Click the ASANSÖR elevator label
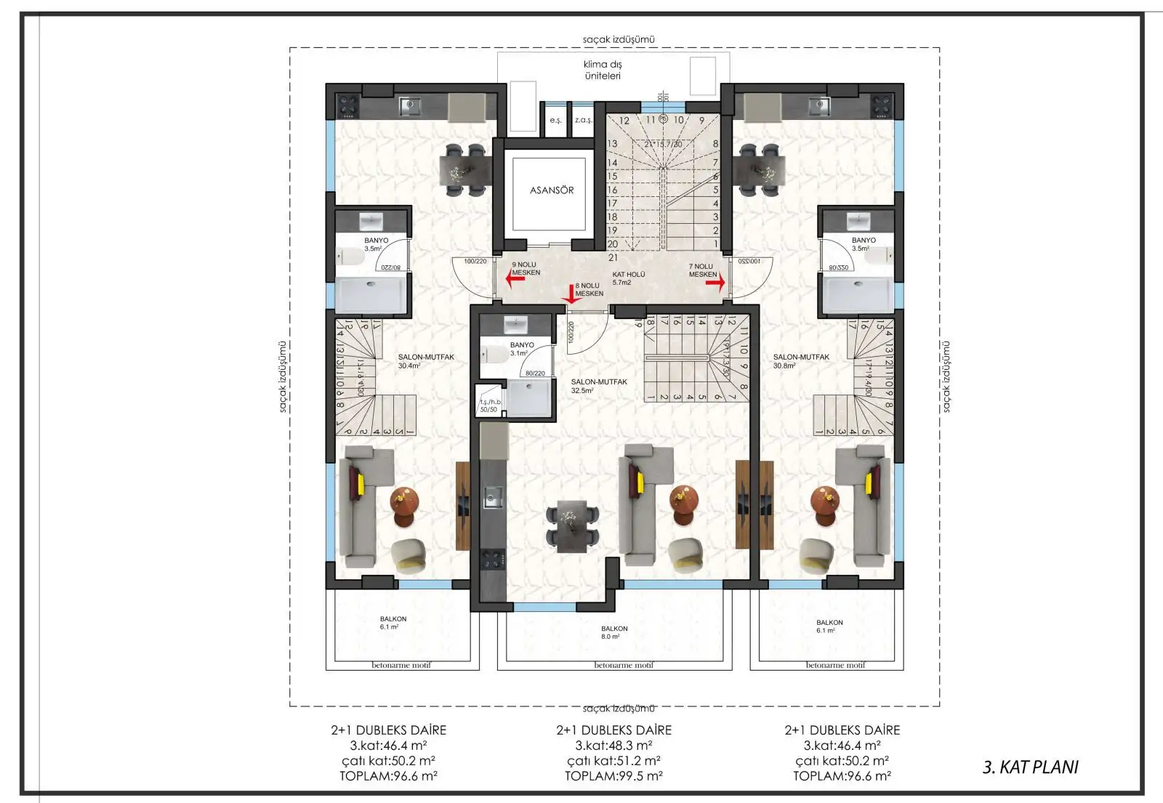pyautogui.click(x=551, y=190)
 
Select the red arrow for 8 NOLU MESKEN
pyautogui.click(x=571, y=295)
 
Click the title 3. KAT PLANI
pyautogui.click(x=1030, y=767)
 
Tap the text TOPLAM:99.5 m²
pyautogui.click(x=613, y=776)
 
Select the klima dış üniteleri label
pyautogui.click(x=603, y=70)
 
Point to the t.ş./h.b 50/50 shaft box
pyautogui.click(x=490, y=405)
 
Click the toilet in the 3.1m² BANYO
pyautogui.click(x=496, y=355)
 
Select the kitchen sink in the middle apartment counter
pyautogui.click(x=494, y=498)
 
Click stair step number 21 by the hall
pyautogui.click(x=613, y=257)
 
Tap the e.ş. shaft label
pyautogui.click(x=555, y=120)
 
